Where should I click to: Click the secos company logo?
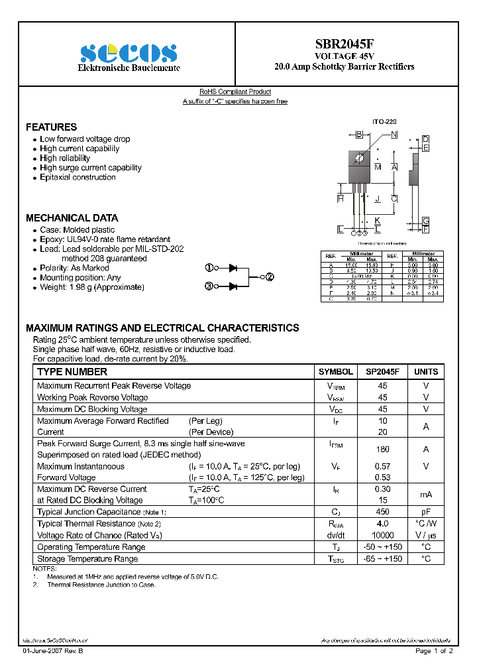click(x=129, y=52)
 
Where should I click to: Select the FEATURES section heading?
click(x=51, y=127)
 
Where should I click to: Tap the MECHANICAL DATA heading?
click(x=72, y=217)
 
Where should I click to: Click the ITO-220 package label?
click(x=384, y=123)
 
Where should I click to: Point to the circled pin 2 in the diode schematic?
click(x=270, y=277)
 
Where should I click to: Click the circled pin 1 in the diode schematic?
click(x=209, y=268)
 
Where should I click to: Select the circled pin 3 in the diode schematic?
click(x=209, y=286)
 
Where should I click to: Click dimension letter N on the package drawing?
click(x=394, y=135)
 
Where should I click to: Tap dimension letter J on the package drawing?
click(x=377, y=199)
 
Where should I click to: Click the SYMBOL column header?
click(x=335, y=372)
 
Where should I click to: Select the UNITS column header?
click(x=426, y=372)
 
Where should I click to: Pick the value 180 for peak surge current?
click(x=382, y=449)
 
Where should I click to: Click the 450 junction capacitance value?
click(x=382, y=512)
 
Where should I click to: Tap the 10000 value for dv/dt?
click(x=382, y=535)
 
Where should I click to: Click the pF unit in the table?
click(x=426, y=512)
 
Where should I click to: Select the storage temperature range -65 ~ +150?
click(x=382, y=559)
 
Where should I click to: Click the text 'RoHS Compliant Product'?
click(x=235, y=92)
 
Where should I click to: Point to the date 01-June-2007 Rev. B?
click(x=53, y=651)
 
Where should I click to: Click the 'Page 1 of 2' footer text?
click(x=434, y=651)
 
